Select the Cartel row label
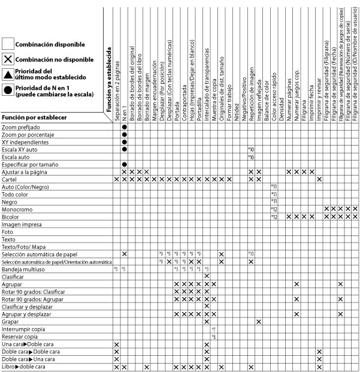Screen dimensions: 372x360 point(10,179)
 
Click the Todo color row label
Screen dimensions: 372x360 point(16,194)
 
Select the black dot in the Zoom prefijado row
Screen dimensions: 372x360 point(124,127)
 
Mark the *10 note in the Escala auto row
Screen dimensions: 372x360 point(251,157)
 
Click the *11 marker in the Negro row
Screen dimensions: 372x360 point(274,201)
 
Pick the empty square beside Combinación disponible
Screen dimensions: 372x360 point(8,44)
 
